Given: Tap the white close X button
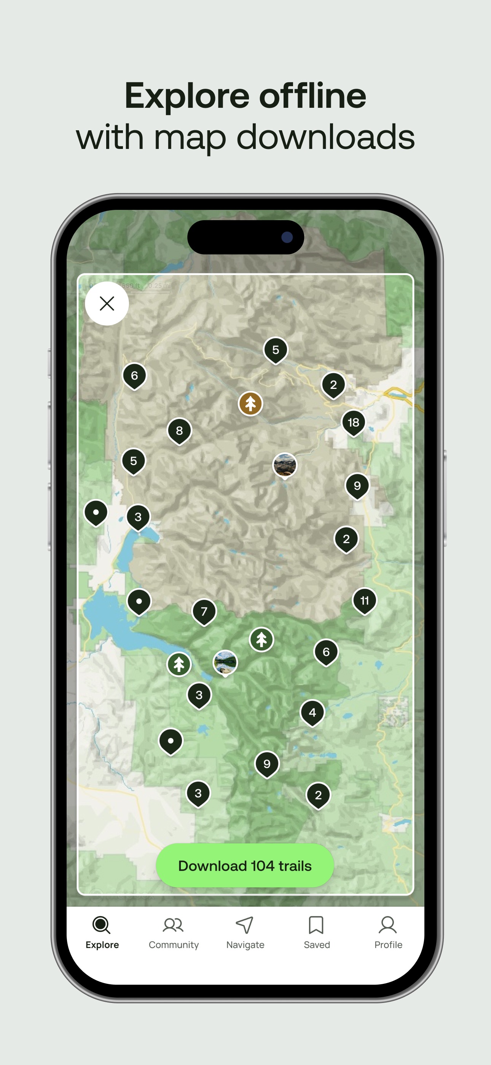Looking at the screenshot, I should click(x=107, y=304).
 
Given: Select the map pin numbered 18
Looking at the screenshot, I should click(x=353, y=422).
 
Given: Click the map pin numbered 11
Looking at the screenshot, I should click(x=364, y=600).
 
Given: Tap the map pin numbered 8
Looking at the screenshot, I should click(x=179, y=431).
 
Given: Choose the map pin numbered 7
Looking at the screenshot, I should click(x=204, y=611).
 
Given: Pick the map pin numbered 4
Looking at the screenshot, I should click(x=312, y=712).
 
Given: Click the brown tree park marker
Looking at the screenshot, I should click(x=250, y=403).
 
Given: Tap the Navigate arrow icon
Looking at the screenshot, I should click(x=245, y=925).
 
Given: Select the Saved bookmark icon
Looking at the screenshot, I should click(x=316, y=925).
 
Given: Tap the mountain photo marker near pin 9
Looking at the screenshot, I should click(x=285, y=465).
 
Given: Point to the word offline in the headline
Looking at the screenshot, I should click(x=312, y=96).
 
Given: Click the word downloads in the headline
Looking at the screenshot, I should click(x=325, y=137).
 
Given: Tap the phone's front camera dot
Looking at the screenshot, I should click(x=287, y=237).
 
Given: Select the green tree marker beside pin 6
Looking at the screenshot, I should click(x=261, y=640).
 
